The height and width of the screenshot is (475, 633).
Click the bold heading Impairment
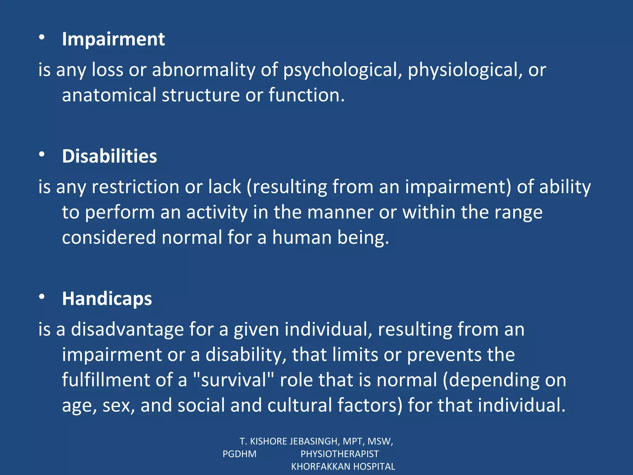point(113,39)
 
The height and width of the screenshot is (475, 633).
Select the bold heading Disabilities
point(109,156)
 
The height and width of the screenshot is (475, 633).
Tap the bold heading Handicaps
point(107,299)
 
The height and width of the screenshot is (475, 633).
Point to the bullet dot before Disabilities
point(42,154)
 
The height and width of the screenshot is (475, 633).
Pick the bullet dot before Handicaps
point(42,297)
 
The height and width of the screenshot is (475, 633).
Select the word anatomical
point(109,95)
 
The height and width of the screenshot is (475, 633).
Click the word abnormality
point(204,70)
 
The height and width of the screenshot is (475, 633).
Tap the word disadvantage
point(127,329)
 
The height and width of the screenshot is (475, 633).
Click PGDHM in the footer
point(240,454)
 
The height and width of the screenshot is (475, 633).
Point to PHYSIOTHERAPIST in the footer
point(339,454)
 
